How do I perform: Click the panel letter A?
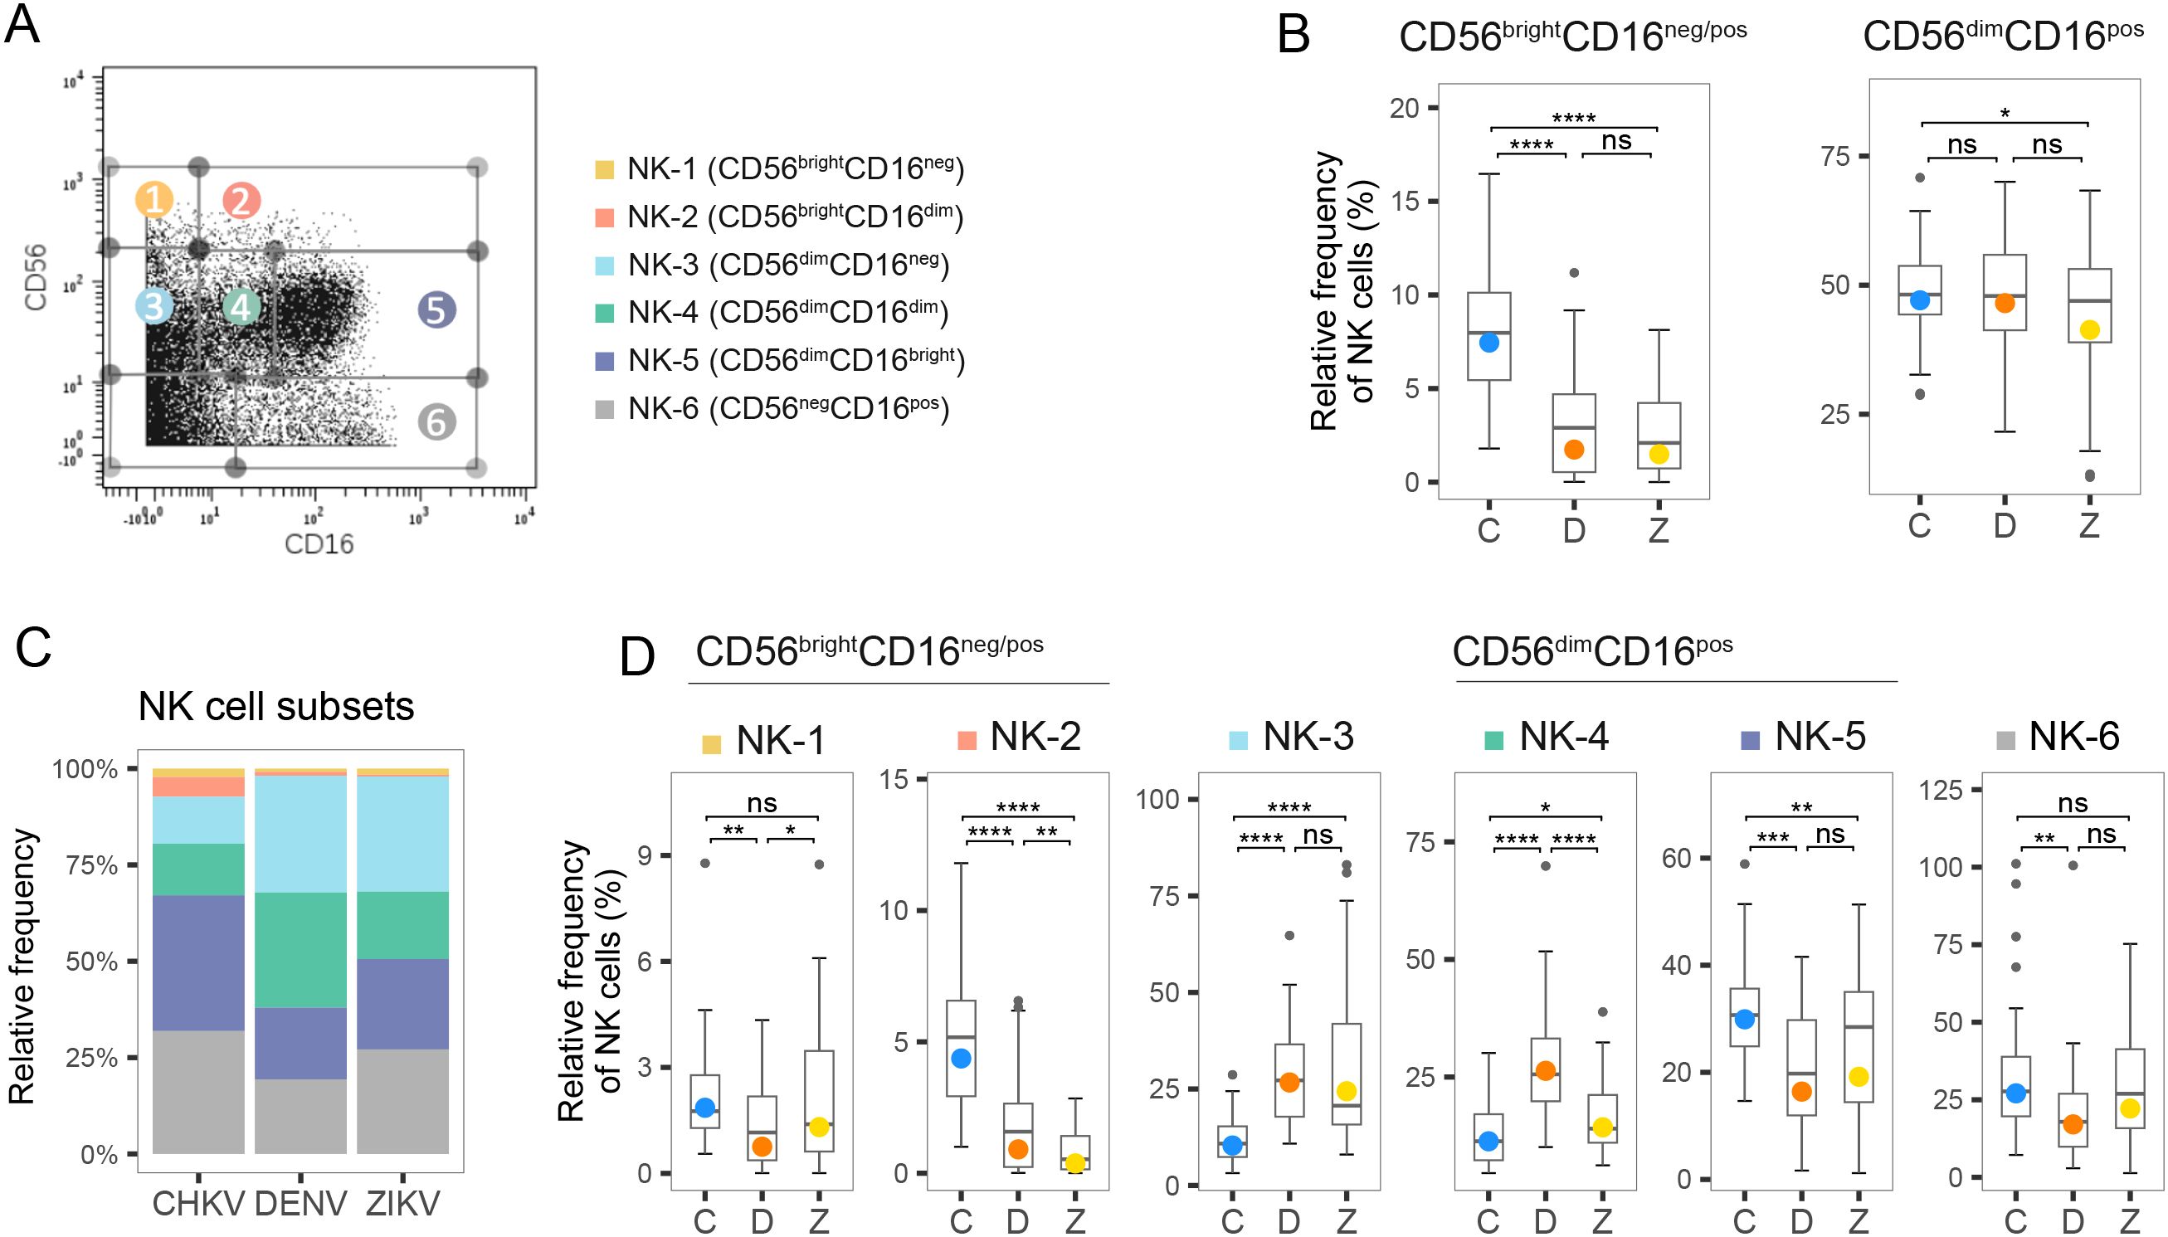point(23,26)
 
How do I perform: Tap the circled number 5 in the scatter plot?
point(436,310)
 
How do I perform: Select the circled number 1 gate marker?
point(153,200)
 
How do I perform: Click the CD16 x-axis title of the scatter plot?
point(319,543)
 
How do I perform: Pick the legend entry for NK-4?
point(787,313)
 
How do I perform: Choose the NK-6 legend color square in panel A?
point(604,411)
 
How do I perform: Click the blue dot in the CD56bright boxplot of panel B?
point(1488,343)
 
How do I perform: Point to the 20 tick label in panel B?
point(1405,108)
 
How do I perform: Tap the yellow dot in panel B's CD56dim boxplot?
point(2089,330)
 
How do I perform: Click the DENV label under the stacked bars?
point(300,1204)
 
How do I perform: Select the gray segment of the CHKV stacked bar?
point(198,1092)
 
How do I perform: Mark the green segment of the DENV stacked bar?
point(300,950)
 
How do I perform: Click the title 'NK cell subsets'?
point(276,707)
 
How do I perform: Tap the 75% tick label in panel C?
point(91,865)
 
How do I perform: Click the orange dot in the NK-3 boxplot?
point(1289,1083)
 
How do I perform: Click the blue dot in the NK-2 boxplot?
point(961,1059)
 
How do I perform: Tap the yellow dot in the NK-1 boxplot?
point(818,1127)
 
